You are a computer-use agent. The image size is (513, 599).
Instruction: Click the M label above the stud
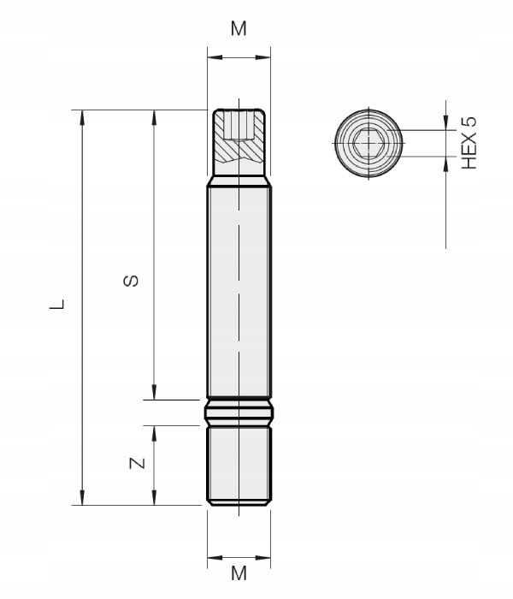tap(239, 28)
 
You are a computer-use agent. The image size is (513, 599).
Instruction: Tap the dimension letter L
tap(56, 304)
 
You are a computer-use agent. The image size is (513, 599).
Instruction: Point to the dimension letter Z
tap(135, 464)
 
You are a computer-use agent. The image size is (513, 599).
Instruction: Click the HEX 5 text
tap(467, 143)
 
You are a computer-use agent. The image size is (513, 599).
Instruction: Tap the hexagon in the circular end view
tap(369, 143)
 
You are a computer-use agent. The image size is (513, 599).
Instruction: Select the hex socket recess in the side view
tap(239, 126)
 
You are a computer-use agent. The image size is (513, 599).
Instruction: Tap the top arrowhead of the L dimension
tap(83, 116)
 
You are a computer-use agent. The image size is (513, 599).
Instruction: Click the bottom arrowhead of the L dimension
tap(83, 498)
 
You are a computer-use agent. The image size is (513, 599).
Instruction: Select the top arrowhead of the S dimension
tap(153, 116)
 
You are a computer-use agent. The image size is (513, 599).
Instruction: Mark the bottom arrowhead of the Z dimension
tap(153, 498)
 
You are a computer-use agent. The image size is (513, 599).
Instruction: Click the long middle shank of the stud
tap(239, 291)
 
